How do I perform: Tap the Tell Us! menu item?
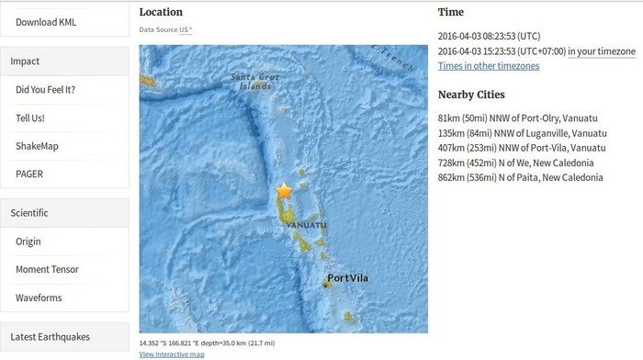[x=30, y=118]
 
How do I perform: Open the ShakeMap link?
[x=37, y=146]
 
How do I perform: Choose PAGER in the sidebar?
[x=29, y=174]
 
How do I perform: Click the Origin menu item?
[x=28, y=242]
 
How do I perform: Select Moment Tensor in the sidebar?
[x=47, y=269]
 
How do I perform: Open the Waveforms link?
[x=38, y=298]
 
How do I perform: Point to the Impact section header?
[x=25, y=62]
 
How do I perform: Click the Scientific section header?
[x=29, y=212]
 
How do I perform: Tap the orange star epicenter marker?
[x=284, y=191]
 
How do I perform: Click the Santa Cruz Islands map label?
[x=252, y=81]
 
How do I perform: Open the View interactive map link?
[x=172, y=354]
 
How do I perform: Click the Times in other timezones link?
[x=489, y=66]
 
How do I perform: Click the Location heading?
[x=161, y=12]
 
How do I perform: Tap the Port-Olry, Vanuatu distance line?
[x=522, y=118]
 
